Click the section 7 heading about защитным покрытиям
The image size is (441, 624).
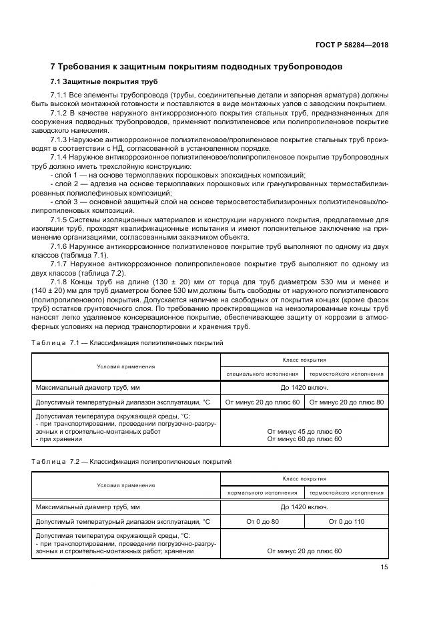(197, 67)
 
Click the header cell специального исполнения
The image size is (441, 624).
(262, 374)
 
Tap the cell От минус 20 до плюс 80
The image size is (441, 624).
(347, 402)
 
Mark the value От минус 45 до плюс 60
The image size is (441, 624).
(304, 431)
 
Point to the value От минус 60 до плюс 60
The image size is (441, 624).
(304, 438)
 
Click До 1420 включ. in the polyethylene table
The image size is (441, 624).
(304, 388)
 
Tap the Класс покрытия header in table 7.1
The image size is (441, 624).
(304, 359)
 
